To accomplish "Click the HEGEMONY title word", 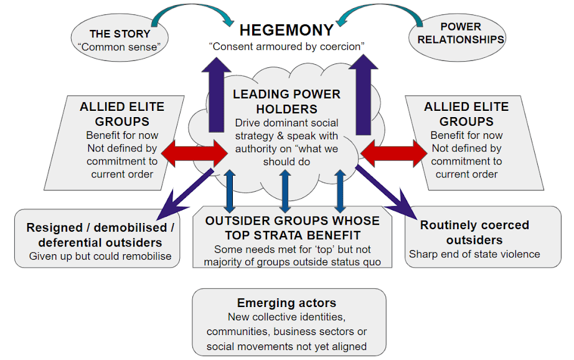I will pos(287,30).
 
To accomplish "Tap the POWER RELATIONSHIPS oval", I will pos(461,34).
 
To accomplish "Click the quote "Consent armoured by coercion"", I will pos(287,47).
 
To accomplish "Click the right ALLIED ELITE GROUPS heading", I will pos(466,113).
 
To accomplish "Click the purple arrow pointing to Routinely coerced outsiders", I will pos(386,189).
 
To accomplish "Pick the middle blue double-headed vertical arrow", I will pos(285,189).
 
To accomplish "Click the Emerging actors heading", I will pos(287,303).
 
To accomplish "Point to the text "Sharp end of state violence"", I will pos(474,254).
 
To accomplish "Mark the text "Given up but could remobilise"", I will pos(100,256).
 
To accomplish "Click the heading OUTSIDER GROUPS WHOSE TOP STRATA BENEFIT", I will pos(292,228).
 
